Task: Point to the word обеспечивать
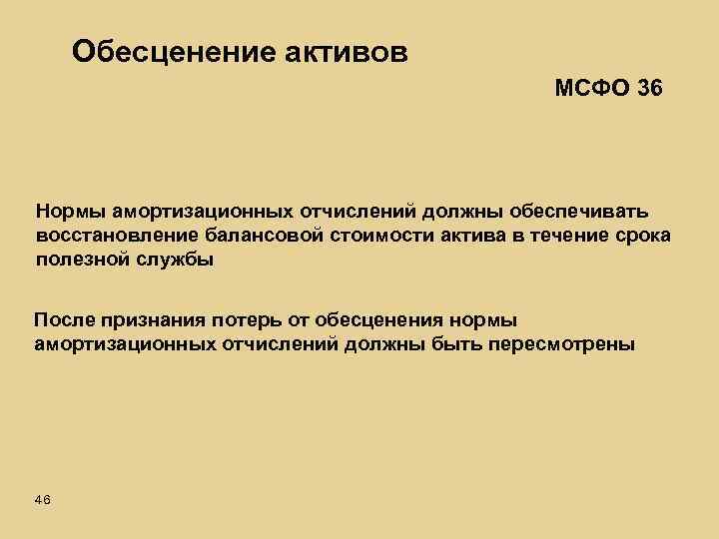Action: (x=580, y=212)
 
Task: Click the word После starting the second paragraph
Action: (x=63, y=320)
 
